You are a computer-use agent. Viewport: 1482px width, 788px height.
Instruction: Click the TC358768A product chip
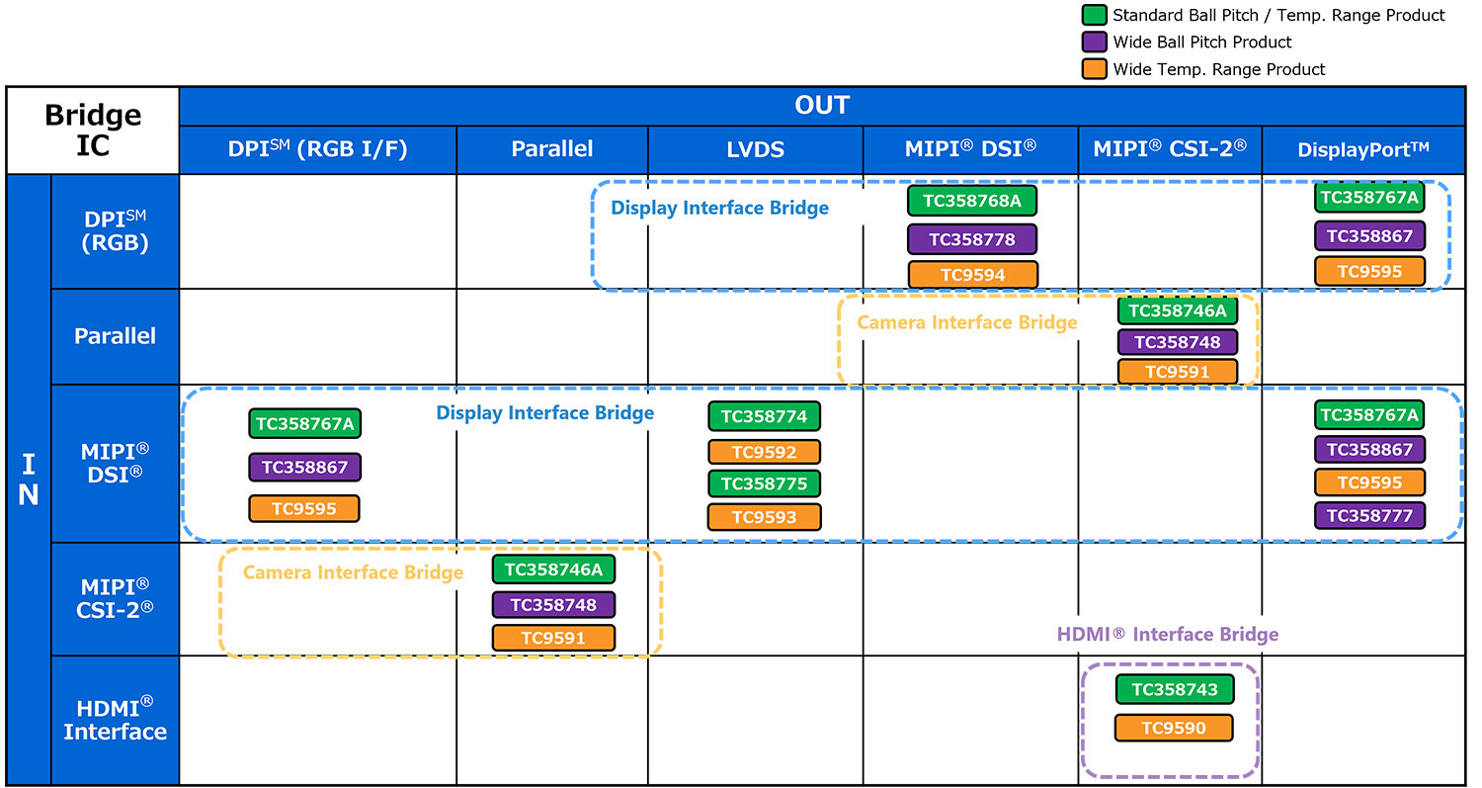972,201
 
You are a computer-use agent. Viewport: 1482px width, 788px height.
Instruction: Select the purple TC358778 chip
972,239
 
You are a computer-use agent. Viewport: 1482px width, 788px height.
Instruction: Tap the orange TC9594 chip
972,274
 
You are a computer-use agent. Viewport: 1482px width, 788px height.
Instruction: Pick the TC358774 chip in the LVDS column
764,416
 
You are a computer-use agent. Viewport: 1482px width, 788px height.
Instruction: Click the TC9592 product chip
764,452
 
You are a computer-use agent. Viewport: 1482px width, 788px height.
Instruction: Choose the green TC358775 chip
764,483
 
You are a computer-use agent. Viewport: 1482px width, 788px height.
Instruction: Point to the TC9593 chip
764,517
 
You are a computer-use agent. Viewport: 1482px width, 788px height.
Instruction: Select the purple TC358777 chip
1369,515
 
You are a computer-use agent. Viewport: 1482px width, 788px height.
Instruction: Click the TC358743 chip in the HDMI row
1175,689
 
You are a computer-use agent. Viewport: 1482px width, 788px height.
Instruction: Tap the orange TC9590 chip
1174,728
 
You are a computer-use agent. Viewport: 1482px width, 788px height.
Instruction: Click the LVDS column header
756,149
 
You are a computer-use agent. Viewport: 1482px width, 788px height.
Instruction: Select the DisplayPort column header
1362,149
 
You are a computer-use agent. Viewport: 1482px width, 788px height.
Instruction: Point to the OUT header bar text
822,105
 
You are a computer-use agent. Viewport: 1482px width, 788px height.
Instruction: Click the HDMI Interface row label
116,720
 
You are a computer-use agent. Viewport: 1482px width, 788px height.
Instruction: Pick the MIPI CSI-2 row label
116,598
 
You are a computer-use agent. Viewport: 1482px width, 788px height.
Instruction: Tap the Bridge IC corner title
93,130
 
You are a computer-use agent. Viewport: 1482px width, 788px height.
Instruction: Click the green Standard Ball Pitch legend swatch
1095,15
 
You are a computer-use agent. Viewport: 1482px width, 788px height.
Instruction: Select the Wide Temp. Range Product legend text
1218,69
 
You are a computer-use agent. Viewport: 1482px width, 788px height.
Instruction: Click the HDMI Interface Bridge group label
1167,635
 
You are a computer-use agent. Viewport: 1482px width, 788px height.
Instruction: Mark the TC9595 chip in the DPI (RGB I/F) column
304,508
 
